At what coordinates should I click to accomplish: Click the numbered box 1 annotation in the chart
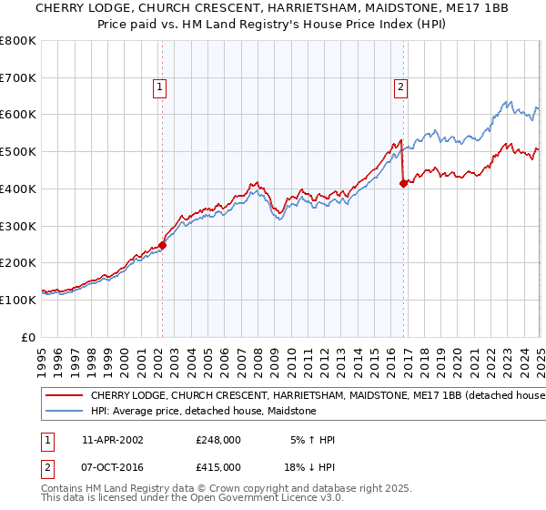point(159,87)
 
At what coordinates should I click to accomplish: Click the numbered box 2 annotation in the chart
point(400,87)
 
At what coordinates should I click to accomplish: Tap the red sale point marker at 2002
point(163,244)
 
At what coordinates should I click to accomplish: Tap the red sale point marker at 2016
point(403,183)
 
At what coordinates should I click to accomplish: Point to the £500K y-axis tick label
point(18,151)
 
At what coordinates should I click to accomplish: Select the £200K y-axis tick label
point(18,262)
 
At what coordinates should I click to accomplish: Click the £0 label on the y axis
point(28,337)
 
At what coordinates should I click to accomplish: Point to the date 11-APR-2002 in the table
point(112,440)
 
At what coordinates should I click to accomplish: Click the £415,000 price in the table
point(217,467)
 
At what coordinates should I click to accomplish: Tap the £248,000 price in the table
point(217,440)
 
